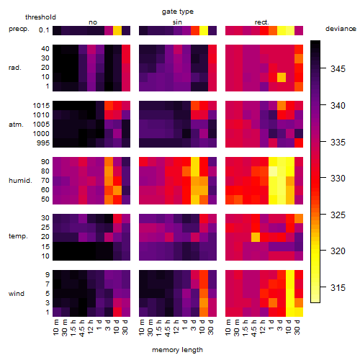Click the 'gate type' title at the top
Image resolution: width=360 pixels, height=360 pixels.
pos(178,12)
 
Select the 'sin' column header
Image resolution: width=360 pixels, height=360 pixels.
pos(177,22)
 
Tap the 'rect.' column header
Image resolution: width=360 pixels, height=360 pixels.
pos(261,22)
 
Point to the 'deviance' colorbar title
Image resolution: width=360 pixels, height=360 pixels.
pos(341,29)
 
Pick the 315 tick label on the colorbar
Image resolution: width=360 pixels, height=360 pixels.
pos(338,287)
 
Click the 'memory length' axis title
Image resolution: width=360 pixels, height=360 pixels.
pos(177,350)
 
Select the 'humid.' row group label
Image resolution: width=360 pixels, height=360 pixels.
pos(20,181)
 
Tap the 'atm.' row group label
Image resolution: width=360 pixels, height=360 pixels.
pos(16,125)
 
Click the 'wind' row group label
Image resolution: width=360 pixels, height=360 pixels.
pos(17,294)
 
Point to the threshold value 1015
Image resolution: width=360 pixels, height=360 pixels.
pos(41,106)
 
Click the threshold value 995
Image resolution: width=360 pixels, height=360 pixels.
pos(43,143)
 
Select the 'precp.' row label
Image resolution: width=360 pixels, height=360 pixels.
pos(19,30)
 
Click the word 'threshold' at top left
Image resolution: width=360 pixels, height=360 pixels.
pos(40,17)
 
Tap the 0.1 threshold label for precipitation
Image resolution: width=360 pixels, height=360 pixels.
pos(44,30)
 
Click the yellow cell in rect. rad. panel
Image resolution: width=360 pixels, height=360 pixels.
pos(282,77)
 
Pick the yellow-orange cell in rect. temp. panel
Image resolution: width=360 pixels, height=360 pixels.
pos(256,237)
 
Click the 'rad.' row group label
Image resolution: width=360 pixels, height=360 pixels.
pos(15,68)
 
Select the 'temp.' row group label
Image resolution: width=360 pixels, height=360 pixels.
pos(18,236)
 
